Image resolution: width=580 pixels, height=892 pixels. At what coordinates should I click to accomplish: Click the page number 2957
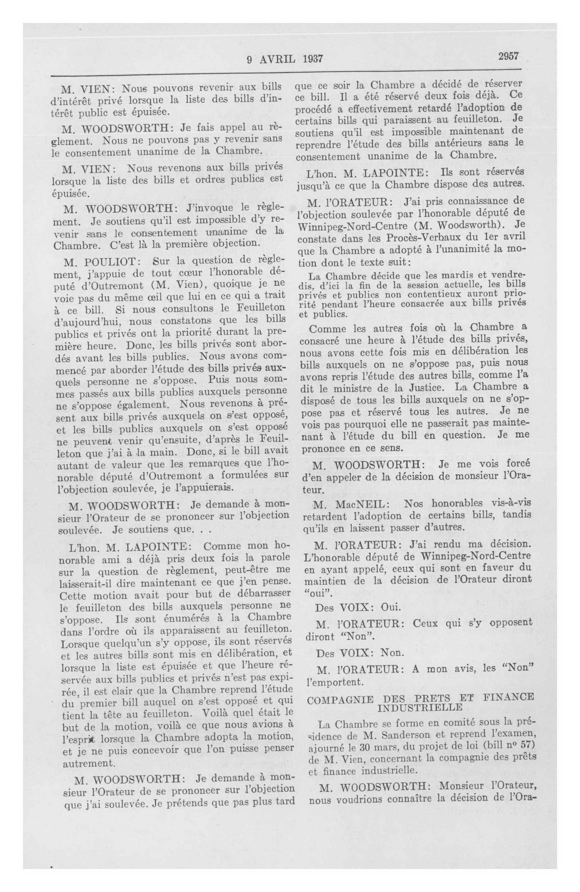click(x=508, y=56)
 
